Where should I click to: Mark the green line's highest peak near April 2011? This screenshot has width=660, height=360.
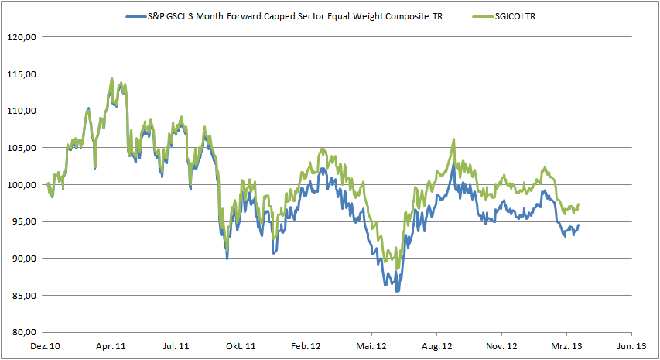(x=112, y=77)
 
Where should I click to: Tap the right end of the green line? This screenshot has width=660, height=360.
(x=579, y=204)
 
